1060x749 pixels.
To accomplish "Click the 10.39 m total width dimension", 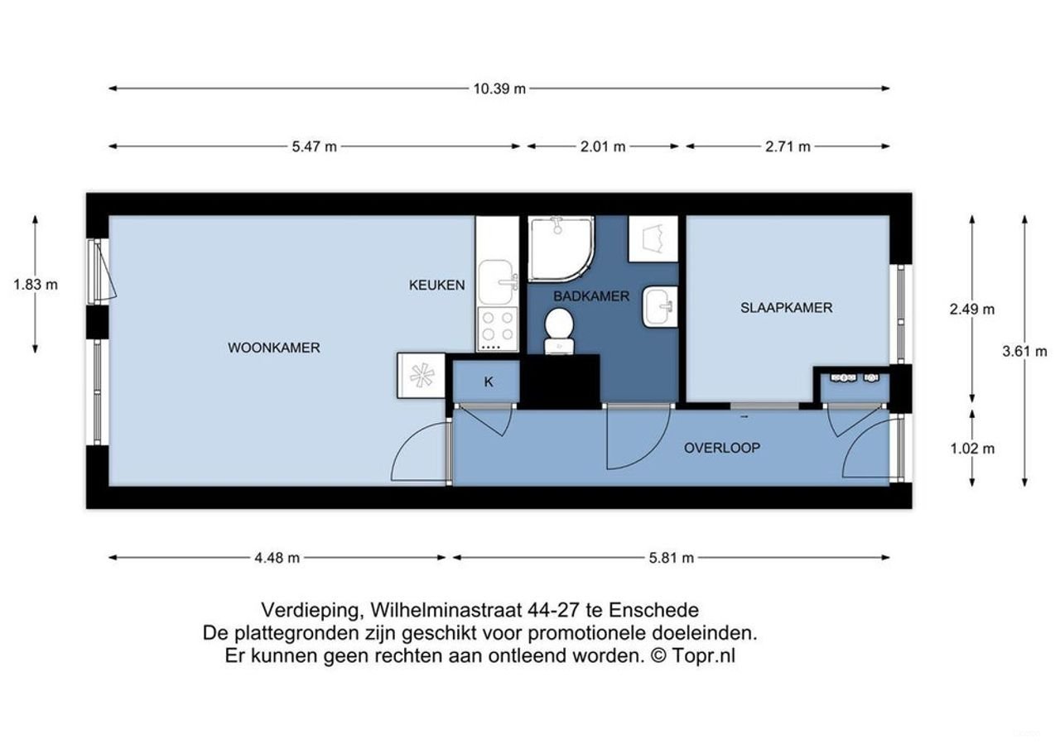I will (x=499, y=89).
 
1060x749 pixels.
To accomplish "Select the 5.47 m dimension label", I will (x=315, y=146).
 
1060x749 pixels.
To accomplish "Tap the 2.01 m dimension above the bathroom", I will (x=603, y=146).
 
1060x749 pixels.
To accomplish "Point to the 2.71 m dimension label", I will (x=788, y=146).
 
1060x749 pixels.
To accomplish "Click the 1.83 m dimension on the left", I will (x=36, y=284).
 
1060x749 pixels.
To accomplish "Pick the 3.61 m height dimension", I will (x=1024, y=351).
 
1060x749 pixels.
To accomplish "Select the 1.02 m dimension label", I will (x=972, y=449).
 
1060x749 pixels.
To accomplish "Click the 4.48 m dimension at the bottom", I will (x=277, y=558).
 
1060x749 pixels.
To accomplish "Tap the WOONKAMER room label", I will (x=274, y=348).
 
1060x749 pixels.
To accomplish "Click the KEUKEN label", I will (x=436, y=285).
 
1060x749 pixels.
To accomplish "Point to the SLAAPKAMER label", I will (x=786, y=308).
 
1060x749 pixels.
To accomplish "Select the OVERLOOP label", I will (x=722, y=448).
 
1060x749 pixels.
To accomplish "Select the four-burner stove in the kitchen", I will (x=497, y=326).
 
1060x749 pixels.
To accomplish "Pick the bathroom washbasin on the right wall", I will (x=661, y=307).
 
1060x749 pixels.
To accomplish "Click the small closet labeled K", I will (x=488, y=382).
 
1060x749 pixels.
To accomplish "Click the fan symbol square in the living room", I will (x=422, y=376).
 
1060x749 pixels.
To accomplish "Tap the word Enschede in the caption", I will (x=653, y=611).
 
